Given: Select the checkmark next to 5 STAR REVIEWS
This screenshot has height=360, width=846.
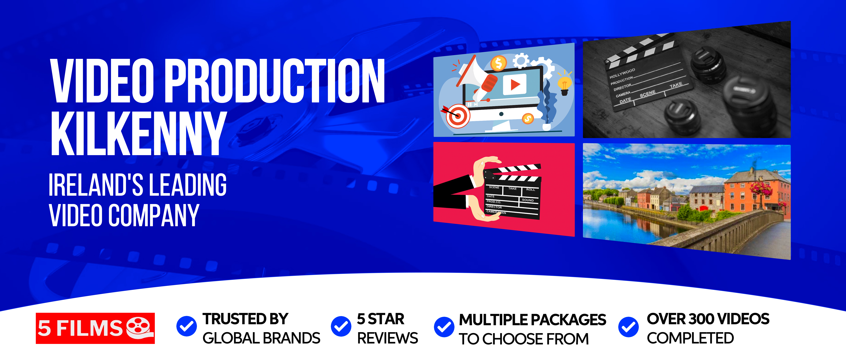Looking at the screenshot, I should (341, 326).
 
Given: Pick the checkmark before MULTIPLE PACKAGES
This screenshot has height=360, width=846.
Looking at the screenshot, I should (444, 327).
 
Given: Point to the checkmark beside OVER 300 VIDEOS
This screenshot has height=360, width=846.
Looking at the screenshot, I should (628, 327).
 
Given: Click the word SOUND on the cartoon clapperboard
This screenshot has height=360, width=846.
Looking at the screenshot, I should (528, 200).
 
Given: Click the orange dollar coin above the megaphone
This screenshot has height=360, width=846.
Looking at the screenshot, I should (499, 63).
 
